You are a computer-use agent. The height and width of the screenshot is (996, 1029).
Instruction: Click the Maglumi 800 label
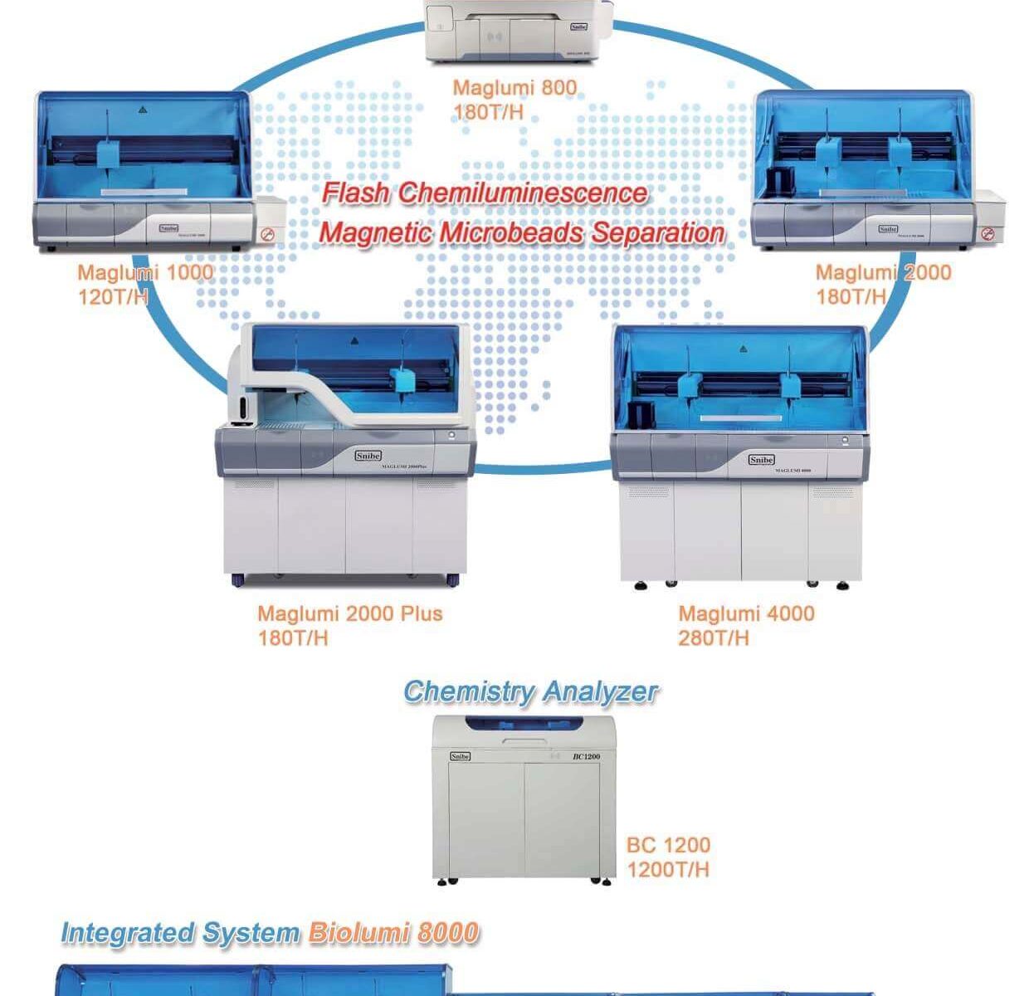click(514, 87)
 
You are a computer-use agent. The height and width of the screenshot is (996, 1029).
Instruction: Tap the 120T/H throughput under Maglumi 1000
click(114, 297)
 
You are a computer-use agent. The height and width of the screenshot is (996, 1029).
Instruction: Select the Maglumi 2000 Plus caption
click(349, 613)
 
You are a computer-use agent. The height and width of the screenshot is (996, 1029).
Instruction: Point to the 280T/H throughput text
click(713, 637)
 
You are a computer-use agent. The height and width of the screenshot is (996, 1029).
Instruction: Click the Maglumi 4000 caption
click(746, 613)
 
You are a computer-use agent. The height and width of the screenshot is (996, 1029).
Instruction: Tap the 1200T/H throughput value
click(668, 869)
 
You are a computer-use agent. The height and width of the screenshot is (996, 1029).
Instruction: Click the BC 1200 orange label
click(668, 845)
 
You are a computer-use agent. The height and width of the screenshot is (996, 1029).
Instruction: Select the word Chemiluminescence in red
click(523, 193)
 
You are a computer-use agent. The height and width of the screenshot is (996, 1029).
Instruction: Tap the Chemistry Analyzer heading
click(530, 691)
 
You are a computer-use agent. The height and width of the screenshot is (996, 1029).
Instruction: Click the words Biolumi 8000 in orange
click(393, 933)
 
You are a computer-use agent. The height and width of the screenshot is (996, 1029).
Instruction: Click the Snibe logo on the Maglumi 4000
click(761, 460)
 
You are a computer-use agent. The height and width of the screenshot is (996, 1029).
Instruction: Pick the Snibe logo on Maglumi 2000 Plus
click(368, 456)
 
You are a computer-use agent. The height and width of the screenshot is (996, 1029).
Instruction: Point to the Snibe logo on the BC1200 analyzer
click(460, 756)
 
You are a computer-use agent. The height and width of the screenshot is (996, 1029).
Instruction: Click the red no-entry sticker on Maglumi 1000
click(267, 235)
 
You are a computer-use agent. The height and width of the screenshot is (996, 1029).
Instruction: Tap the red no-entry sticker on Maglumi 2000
click(987, 234)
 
